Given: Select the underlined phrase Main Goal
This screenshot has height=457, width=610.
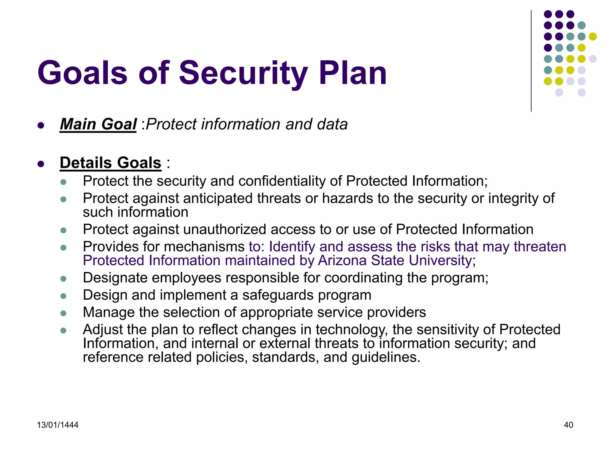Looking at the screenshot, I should tap(98, 124).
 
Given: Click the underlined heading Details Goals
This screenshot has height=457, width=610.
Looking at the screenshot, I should tap(111, 163).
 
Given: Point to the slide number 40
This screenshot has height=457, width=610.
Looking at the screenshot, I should tap(568, 425).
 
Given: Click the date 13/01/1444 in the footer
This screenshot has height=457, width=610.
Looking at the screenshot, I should tap(57, 425).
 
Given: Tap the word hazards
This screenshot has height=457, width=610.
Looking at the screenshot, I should tap(347, 198).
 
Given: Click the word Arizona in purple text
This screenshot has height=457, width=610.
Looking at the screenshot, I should tap(342, 260).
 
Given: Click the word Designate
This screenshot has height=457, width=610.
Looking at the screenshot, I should tap(115, 278).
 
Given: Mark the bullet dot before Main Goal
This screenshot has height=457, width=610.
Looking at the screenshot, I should tap(41, 125).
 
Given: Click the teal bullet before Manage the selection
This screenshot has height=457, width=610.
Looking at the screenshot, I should tap(63, 313).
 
